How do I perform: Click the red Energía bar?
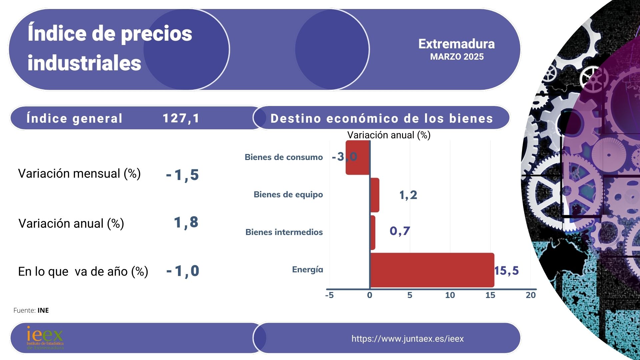click(432, 270)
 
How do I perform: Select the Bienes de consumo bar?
click(358, 158)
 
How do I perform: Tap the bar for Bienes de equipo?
click(375, 195)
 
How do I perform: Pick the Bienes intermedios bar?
click(373, 232)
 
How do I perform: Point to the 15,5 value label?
click(506, 271)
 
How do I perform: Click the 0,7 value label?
click(400, 231)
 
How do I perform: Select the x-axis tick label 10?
click(450, 295)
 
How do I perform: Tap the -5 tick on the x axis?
click(329, 295)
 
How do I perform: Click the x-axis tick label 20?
click(530, 295)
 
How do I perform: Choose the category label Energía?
click(307, 269)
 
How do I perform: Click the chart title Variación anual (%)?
click(389, 135)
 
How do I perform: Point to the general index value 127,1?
click(181, 118)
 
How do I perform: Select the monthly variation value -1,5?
click(182, 175)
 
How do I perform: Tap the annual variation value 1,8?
click(186, 222)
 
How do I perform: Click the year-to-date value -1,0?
click(183, 271)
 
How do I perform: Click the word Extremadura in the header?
click(456, 44)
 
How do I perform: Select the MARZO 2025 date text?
click(457, 57)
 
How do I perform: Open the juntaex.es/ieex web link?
click(407, 339)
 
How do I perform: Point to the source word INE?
click(43, 310)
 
